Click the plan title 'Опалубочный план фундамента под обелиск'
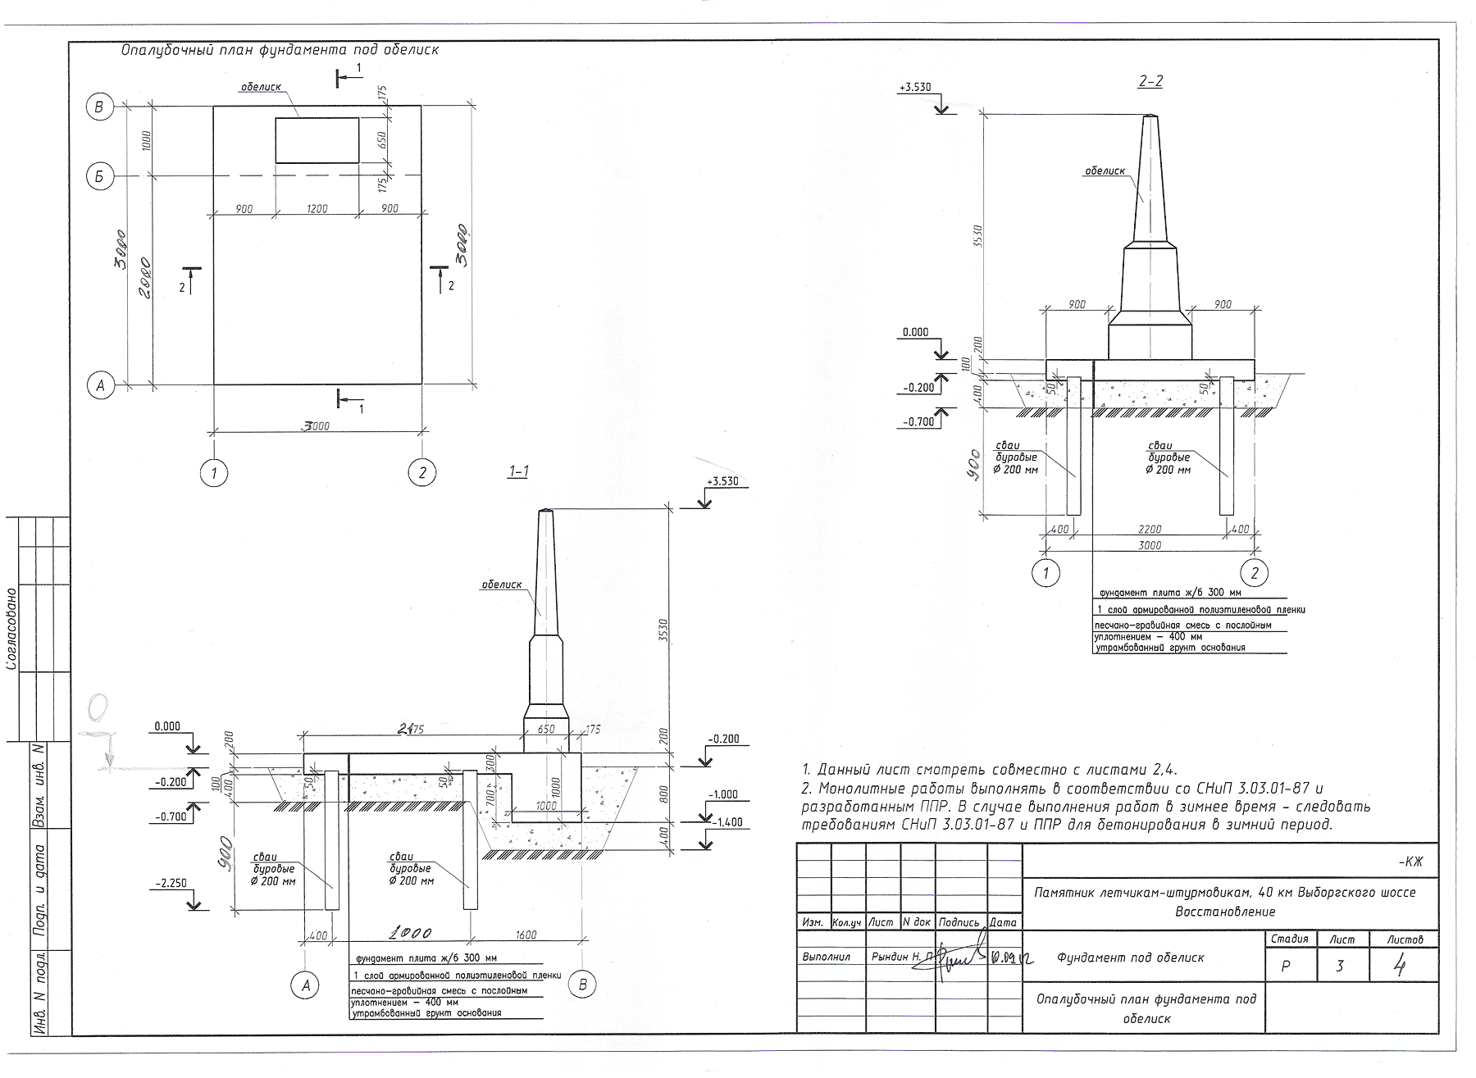pyautogui.click(x=280, y=50)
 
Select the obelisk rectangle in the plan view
pyautogui.click(x=317, y=140)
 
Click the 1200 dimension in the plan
pyautogui.click(x=317, y=209)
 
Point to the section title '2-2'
pyautogui.click(x=1150, y=81)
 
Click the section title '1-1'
pyautogui.click(x=518, y=471)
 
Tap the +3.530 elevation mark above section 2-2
pyautogui.click(x=915, y=87)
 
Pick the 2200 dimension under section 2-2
pyautogui.click(x=1150, y=530)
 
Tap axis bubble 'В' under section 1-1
pyautogui.click(x=582, y=985)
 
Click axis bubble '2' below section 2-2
pyautogui.click(x=1254, y=572)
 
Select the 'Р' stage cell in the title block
pyautogui.click(x=1285, y=967)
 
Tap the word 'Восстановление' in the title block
pyautogui.click(x=1225, y=912)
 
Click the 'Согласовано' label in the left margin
pyautogui.click(x=11, y=629)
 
